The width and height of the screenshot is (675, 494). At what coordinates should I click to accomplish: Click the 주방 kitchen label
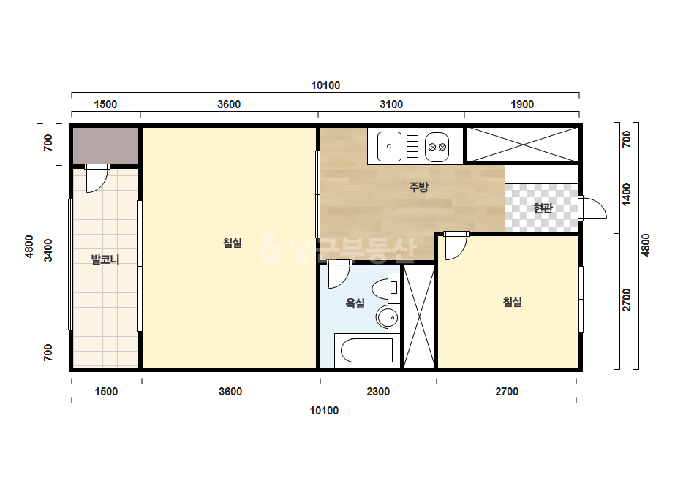[x=418, y=187]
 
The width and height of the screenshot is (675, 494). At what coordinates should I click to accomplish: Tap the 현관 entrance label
[x=543, y=208]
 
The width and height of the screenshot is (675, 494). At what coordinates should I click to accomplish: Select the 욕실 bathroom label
[x=355, y=303]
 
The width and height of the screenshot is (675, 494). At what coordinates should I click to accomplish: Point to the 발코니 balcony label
[x=105, y=259]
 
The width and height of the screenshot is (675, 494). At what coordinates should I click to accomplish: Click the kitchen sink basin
[x=389, y=146]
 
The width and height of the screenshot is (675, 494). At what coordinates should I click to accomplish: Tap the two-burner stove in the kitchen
[x=437, y=147]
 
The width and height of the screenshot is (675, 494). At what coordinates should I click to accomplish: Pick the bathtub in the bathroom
[x=367, y=350]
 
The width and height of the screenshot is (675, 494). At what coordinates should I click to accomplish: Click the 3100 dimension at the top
[x=391, y=104]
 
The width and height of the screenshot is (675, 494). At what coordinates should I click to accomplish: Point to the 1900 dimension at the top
[x=522, y=104]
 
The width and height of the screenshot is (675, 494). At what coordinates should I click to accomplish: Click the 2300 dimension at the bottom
[x=378, y=392]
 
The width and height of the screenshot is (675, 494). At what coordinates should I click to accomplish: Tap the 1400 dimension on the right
[x=627, y=194]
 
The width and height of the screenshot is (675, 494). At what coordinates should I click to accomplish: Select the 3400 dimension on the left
[x=48, y=251]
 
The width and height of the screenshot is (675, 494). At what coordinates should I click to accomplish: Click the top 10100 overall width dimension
[x=325, y=85]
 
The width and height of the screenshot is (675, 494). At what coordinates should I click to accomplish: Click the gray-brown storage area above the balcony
[x=105, y=145]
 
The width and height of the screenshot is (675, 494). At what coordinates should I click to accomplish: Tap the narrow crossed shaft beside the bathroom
[x=419, y=316]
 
